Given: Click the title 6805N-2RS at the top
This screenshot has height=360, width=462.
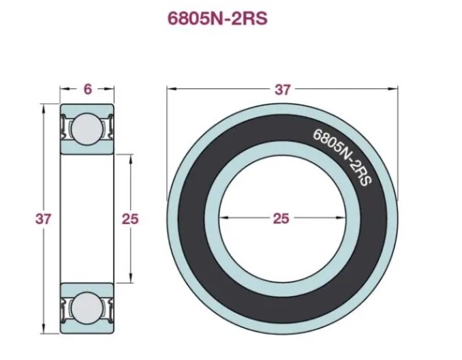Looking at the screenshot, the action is (218, 19).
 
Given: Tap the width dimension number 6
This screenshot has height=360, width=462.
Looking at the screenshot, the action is (87, 89).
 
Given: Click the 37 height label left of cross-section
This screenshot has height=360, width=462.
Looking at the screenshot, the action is (43, 219).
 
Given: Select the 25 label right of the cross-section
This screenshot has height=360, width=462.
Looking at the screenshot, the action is (130, 219).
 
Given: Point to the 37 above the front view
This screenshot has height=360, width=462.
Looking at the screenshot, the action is (283, 90).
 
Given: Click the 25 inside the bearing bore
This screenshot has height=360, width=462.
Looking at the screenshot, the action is (281, 219).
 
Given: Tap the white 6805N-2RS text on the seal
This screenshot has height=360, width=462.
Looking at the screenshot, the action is (343, 157).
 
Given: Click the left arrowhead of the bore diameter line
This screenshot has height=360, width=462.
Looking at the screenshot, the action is (224, 218).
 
